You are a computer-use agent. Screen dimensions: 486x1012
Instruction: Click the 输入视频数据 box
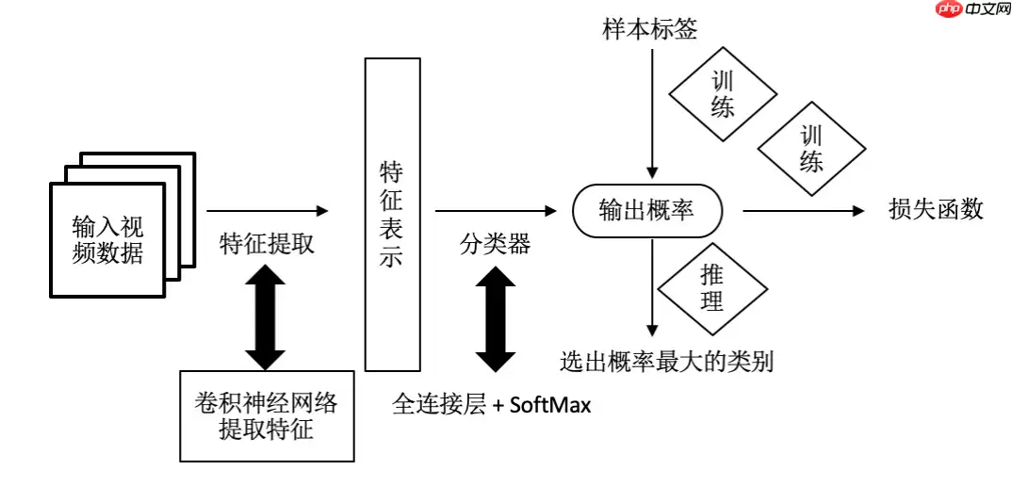[107, 239]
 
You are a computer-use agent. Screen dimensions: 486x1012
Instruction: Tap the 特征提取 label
[267, 244]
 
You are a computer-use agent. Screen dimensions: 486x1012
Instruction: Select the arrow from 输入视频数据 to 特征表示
[268, 212]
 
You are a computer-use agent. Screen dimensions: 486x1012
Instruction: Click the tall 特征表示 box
[391, 214]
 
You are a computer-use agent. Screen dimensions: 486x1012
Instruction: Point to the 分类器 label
[495, 244]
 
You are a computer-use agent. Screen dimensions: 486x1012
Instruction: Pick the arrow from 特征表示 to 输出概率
[495, 212]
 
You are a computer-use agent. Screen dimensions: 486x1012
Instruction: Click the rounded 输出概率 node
[647, 211]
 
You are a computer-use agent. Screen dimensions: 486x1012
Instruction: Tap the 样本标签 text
[650, 29]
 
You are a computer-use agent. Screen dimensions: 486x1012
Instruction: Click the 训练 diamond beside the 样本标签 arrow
[723, 94]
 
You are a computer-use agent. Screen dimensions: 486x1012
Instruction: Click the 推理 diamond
[712, 288]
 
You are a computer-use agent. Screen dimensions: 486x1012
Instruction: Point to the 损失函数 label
[936, 210]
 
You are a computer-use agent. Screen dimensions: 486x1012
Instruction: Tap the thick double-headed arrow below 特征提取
[265, 317]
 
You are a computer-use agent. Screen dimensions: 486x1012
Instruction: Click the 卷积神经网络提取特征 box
[267, 416]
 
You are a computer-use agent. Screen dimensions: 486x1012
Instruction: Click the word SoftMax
[550, 406]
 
